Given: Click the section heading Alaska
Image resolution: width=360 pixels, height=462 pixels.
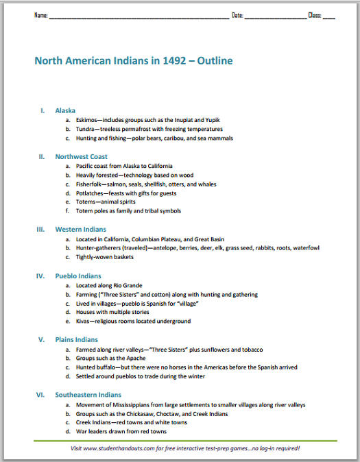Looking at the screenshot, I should [65, 110].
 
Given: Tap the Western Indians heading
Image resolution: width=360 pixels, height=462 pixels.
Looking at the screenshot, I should [80, 230].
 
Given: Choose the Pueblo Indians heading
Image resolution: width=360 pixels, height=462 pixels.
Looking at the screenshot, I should [78, 276].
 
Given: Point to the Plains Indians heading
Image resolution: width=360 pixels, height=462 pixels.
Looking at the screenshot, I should [77, 340].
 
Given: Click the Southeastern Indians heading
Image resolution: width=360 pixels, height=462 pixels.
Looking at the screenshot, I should [88, 395].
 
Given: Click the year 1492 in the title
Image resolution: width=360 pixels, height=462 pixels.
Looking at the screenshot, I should [165, 61].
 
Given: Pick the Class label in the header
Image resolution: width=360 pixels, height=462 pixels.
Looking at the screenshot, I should [315, 14].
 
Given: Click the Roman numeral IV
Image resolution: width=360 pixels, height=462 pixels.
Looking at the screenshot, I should [41, 276].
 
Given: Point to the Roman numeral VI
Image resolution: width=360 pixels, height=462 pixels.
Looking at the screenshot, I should [41, 395].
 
